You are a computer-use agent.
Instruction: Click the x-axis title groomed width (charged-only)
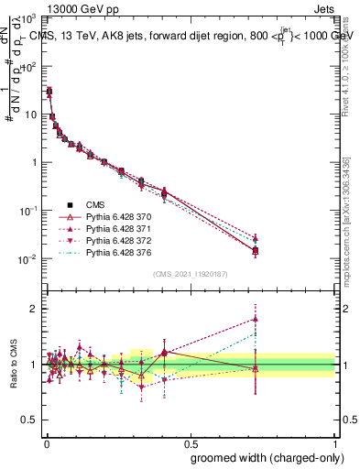tap(264, 456)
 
